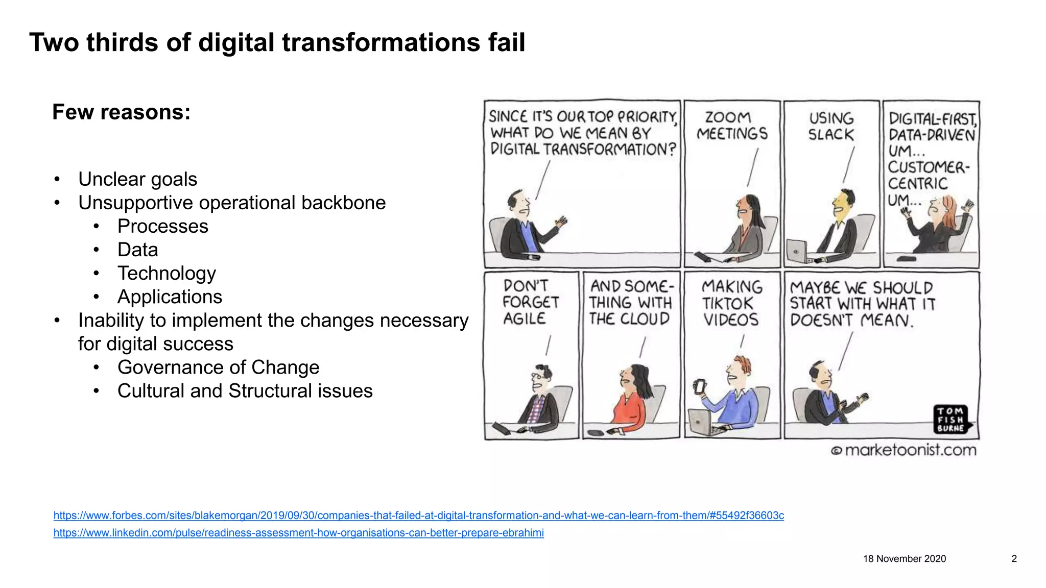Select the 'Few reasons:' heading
(x=121, y=112)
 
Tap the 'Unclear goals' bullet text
(x=137, y=180)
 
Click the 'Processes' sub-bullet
(x=162, y=227)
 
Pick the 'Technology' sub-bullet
(x=167, y=274)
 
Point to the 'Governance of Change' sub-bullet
(x=218, y=367)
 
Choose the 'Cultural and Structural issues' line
(x=245, y=391)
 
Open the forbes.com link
(x=418, y=516)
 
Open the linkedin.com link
(x=298, y=533)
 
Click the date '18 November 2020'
(x=904, y=559)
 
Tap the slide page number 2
(x=1014, y=559)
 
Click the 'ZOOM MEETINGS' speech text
(x=731, y=126)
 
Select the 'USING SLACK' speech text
(x=831, y=127)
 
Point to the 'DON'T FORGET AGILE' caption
(x=530, y=302)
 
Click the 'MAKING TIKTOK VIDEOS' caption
(x=731, y=303)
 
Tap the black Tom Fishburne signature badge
(x=950, y=420)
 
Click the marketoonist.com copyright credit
(x=904, y=450)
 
